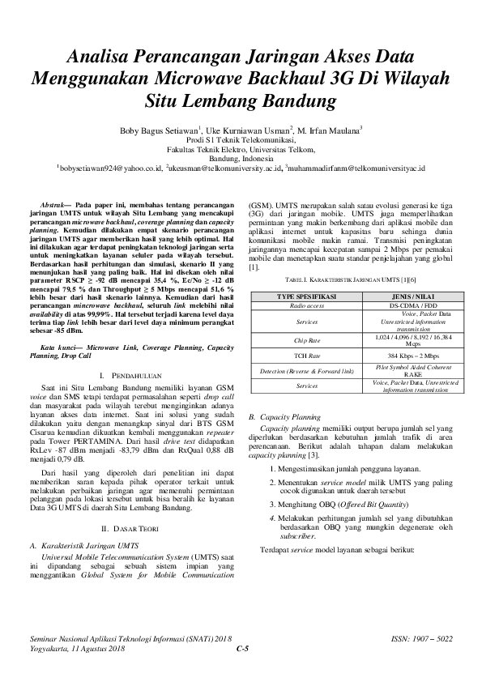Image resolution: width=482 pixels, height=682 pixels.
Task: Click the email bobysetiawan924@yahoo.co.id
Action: (x=109, y=168)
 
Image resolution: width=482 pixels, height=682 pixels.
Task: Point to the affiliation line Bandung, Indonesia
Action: (x=240, y=159)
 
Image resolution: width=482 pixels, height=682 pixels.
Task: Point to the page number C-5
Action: (x=241, y=649)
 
